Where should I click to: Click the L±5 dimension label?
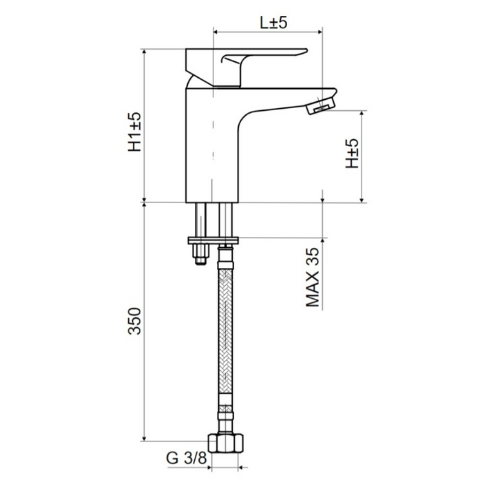tap(273, 23)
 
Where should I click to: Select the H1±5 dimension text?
tap(135, 132)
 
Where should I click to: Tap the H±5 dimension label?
tap(352, 153)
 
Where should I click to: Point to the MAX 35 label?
tap(313, 277)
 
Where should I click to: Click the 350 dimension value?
tap(135, 321)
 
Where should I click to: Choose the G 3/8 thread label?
tap(187, 459)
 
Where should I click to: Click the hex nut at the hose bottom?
tap(226, 443)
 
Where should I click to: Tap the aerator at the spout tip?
tap(321, 105)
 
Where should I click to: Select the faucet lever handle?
tap(246, 66)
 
